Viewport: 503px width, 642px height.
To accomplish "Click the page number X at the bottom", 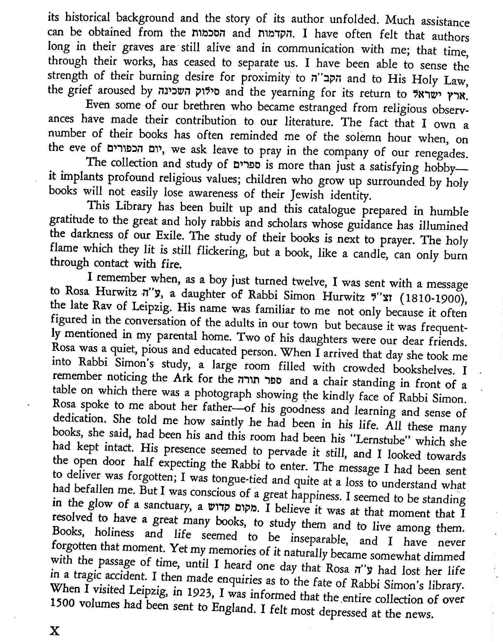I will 54,631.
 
